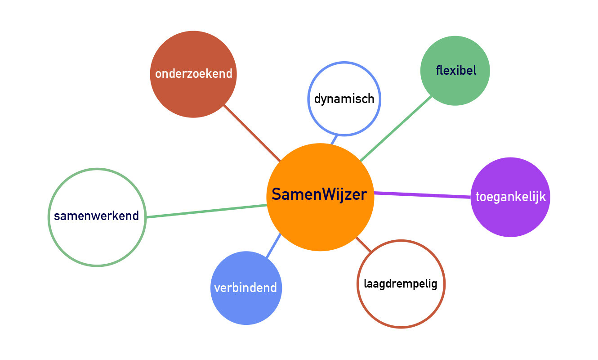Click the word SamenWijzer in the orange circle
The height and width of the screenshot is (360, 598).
[320, 196]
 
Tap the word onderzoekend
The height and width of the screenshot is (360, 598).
[193, 74]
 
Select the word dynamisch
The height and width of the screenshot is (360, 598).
[344, 99]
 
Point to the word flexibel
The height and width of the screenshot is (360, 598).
[455, 71]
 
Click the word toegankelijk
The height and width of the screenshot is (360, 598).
[510, 197]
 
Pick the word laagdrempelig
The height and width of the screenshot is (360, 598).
[400, 284]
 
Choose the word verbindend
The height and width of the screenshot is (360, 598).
[245, 288]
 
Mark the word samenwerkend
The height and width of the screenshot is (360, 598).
[96, 216]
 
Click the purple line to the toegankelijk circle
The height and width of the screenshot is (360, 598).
[423, 195]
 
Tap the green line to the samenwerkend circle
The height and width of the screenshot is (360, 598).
[207, 211]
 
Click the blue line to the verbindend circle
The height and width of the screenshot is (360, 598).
[273, 245]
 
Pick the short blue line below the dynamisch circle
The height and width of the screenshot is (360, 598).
[334, 139]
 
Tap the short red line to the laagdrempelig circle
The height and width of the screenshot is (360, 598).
[364, 244]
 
